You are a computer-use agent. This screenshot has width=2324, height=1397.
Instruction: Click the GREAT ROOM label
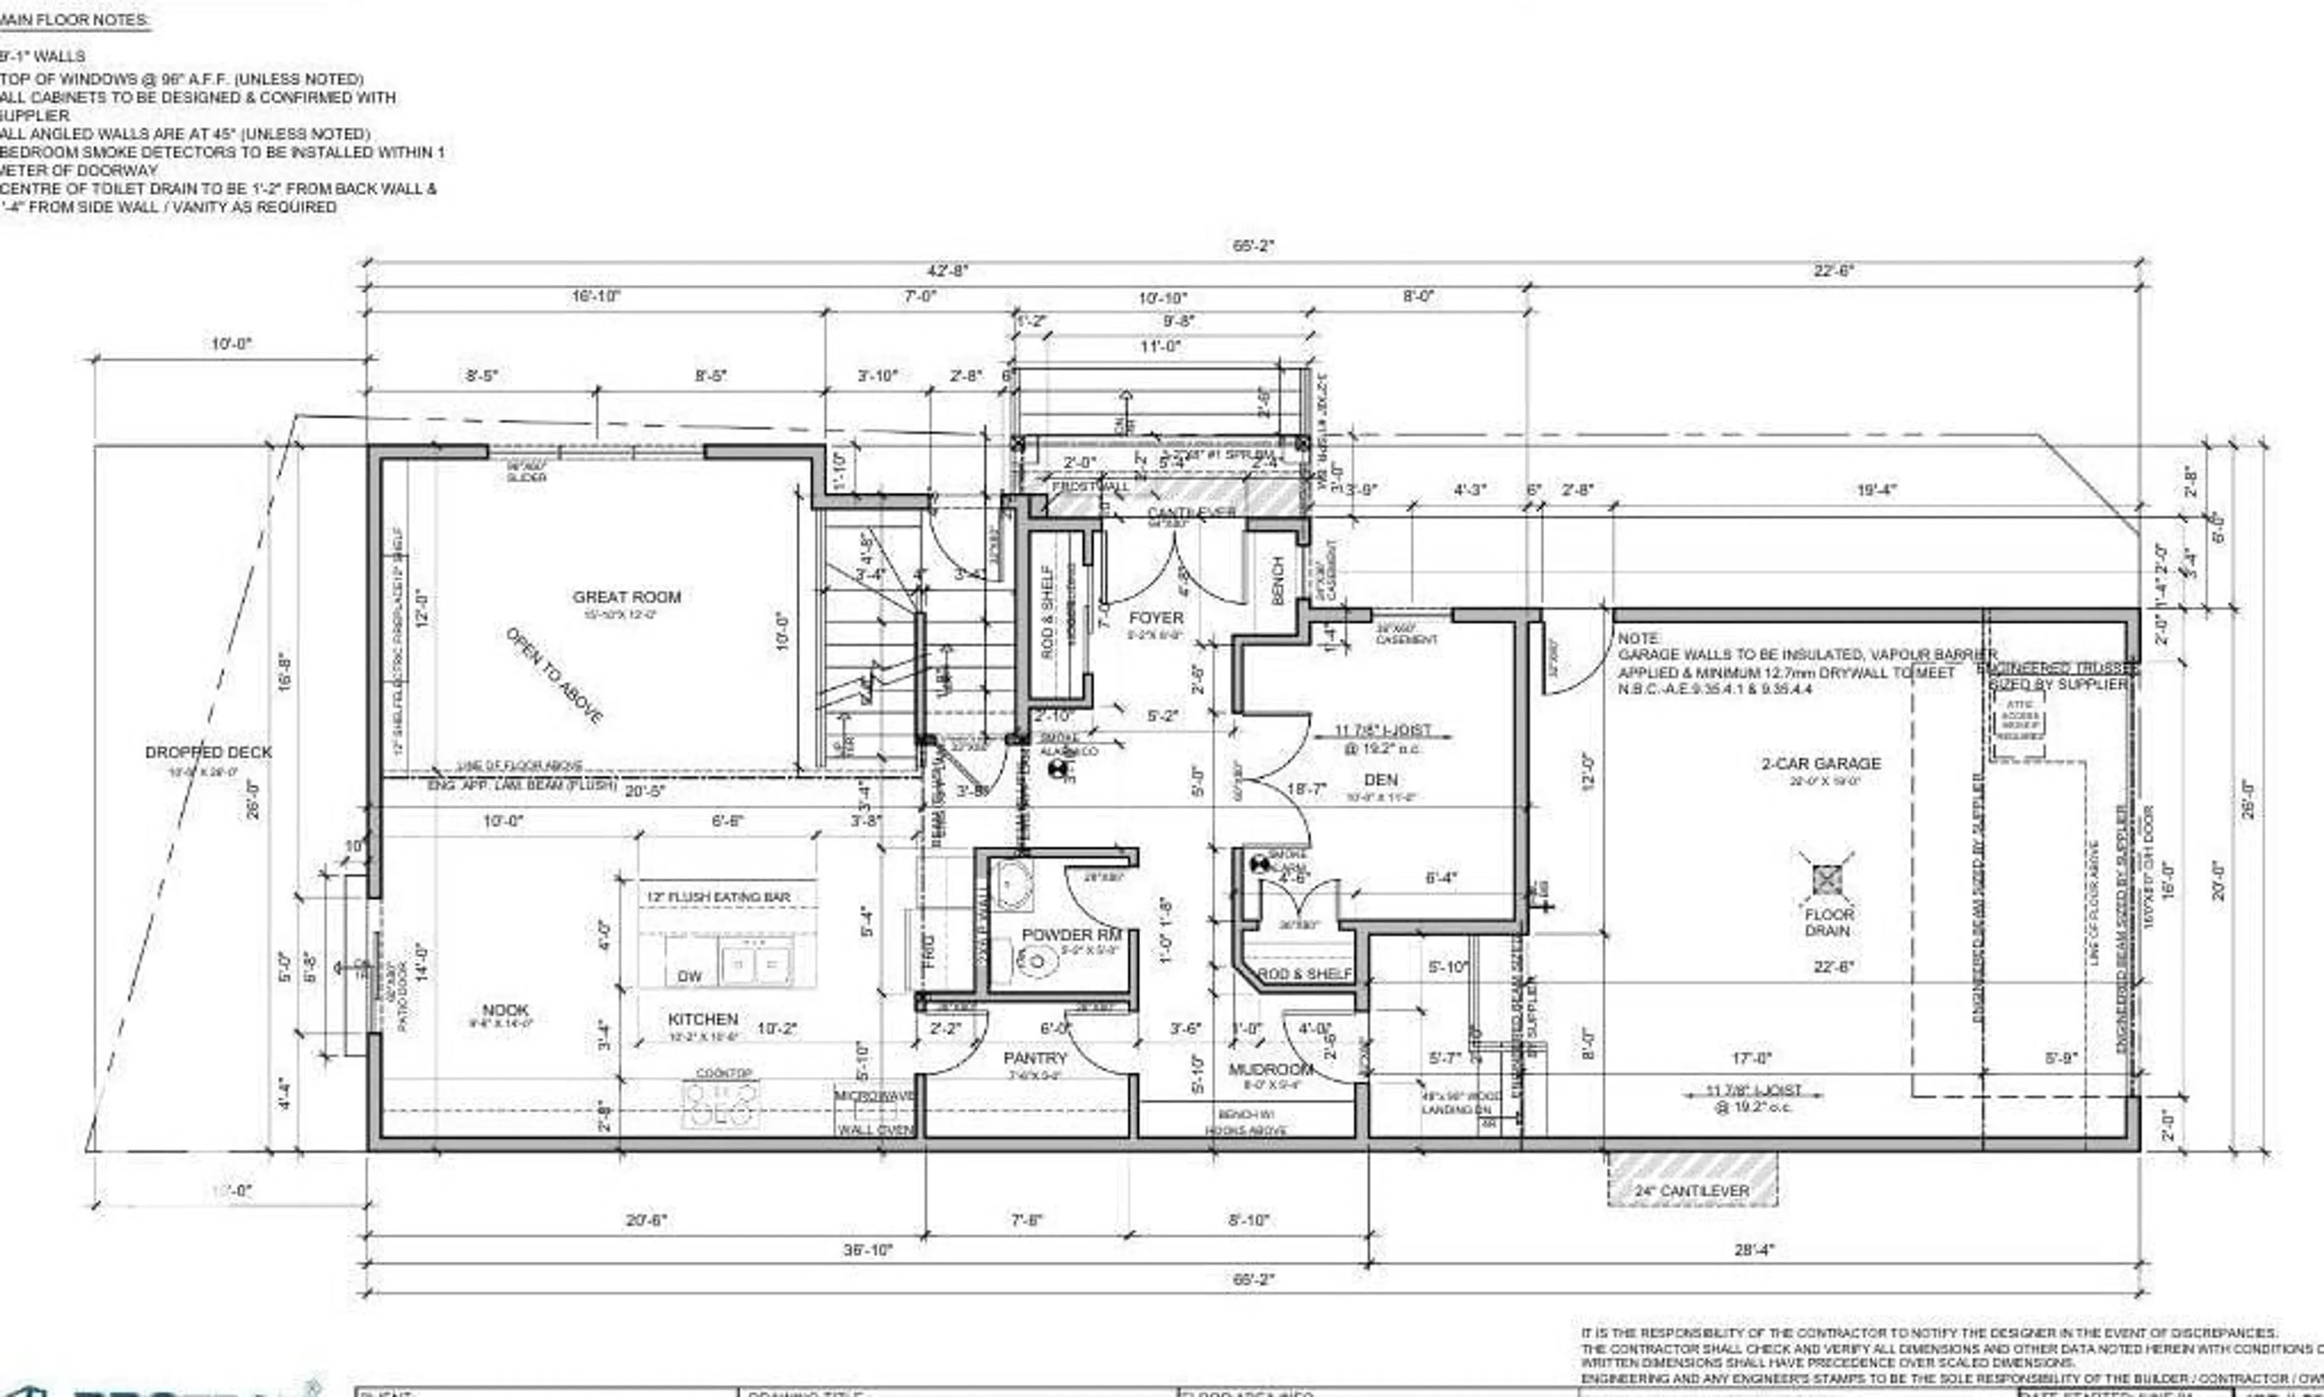(x=626, y=597)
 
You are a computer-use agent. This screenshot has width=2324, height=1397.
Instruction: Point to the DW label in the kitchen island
(x=689, y=976)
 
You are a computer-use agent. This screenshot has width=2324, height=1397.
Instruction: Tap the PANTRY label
(x=1035, y=1058)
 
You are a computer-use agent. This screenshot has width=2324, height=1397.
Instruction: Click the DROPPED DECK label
(x=208, y=752)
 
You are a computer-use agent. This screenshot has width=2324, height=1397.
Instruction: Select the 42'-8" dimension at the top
(x=947, y=271)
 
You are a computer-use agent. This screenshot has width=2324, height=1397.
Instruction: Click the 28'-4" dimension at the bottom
(x=1753, y=1250)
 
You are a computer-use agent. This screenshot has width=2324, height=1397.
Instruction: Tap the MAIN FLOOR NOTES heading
(x=75, y=20)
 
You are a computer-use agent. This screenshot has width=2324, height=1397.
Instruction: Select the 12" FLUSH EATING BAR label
(x=718, y=897)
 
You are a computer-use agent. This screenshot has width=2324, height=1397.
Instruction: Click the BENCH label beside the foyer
(x=1278, y=581)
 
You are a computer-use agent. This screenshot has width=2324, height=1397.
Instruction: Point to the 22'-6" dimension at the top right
(x=1833, y=271)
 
